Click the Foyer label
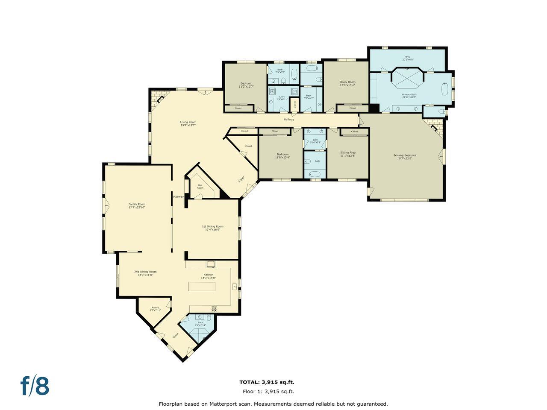[241, 179]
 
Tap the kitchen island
[207, 287]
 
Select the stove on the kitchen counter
[214, 308]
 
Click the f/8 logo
[35, 386]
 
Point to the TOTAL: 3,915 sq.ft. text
[267, 382]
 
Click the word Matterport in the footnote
[223, 404]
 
